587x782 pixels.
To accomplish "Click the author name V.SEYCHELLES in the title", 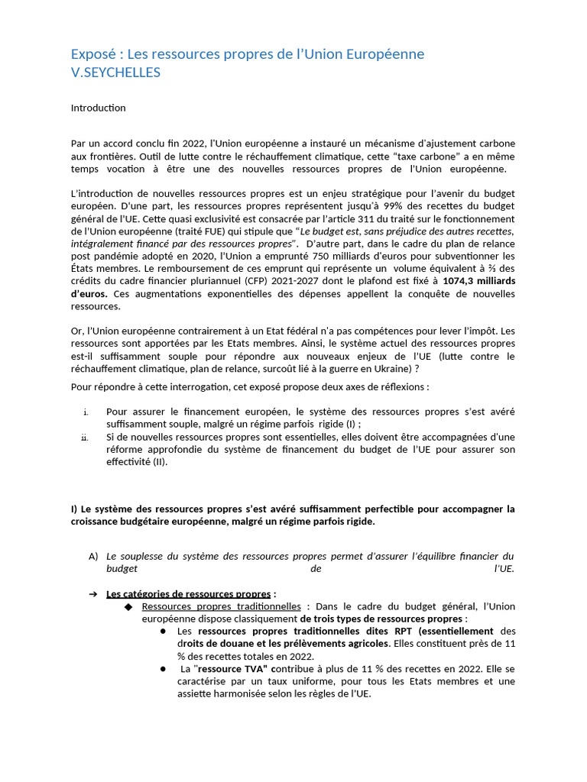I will click(x=115, y=72).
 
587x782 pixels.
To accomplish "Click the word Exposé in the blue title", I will click(x=94, y=54).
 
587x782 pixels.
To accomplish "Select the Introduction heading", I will click(x=98, y=108).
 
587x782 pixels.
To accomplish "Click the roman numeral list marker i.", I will click(x=86, y=412).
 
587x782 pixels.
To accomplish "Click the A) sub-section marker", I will click(x=93, y=556).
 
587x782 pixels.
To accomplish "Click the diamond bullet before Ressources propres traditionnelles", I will click(x=128, y=606).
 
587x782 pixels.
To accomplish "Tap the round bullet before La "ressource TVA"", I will click(x=164, y=668).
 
